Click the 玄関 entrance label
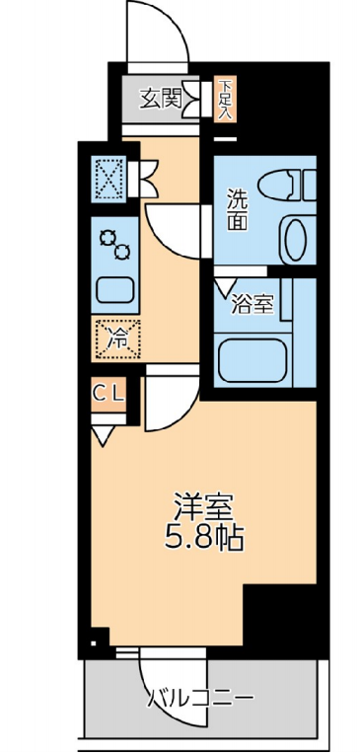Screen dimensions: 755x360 click(161, 97)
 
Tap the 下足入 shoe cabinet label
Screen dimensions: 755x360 click(225, 98)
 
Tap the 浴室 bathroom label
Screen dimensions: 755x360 click(251, 305)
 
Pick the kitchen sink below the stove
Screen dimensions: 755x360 click(114, 289)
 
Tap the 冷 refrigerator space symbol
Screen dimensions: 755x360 click(116, 338)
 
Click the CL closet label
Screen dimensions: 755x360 click(108, 394)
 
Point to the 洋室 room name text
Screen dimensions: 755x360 click(204, 507)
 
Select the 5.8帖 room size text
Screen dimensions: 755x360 click(205, 539)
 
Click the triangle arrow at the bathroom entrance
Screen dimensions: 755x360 click(224, 286)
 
